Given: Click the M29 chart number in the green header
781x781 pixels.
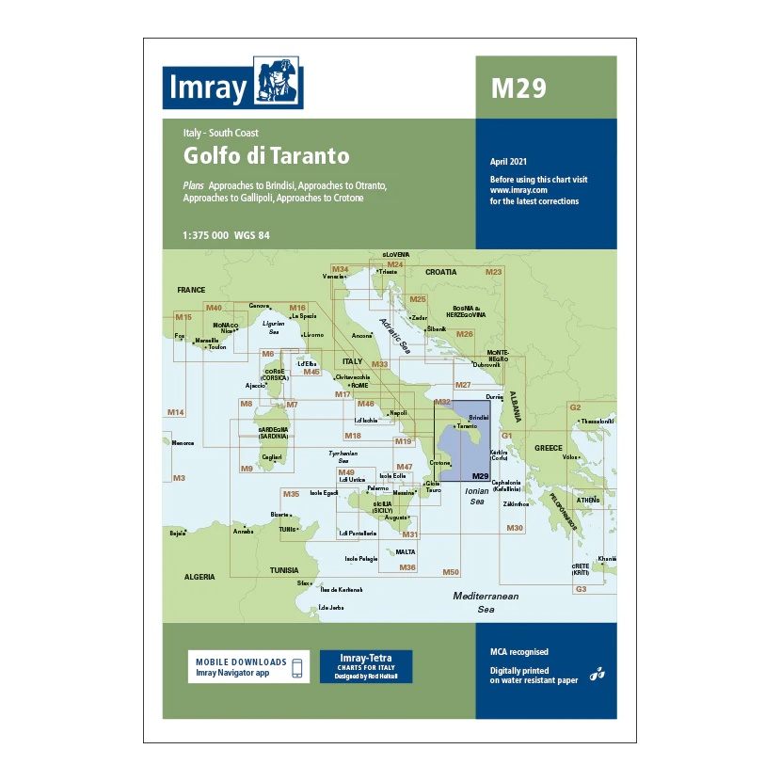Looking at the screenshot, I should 518,88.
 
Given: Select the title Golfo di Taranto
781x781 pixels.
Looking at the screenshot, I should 266,155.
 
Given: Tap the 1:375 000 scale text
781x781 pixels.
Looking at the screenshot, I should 213,235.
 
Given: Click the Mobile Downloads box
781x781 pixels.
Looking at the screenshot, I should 248,667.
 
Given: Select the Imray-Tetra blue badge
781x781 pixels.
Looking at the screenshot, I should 366,666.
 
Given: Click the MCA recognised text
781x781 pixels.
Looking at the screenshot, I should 518,652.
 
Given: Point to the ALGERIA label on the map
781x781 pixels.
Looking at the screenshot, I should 199,576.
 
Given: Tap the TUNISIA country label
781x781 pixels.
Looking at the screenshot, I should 284,570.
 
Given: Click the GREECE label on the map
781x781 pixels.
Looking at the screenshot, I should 548,448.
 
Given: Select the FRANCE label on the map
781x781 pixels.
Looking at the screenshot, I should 191,290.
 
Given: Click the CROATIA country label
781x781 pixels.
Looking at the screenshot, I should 440,271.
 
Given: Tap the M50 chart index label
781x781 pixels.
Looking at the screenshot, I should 451,572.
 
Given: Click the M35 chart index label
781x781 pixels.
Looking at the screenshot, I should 291,494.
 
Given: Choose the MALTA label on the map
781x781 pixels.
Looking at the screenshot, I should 406,551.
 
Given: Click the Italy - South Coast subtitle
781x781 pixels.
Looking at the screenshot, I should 221,133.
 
